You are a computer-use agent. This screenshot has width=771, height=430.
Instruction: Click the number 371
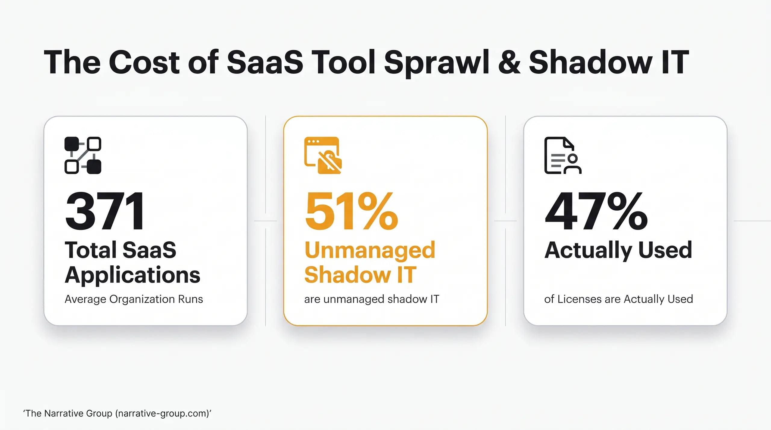(105, 211)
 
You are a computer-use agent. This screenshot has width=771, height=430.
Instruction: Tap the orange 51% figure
(351, 211)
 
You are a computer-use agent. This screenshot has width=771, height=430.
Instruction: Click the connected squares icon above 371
(83, 155)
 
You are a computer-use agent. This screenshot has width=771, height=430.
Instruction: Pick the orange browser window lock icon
(323, 155)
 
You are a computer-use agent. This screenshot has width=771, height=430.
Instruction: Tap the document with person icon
(563, 155)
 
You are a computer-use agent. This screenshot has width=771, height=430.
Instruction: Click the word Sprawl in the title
(436, 63)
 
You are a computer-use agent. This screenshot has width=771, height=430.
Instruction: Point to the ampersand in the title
(509, 63)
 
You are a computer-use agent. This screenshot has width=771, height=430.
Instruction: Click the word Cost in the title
(144, 63)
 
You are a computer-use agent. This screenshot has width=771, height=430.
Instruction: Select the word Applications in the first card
(133, 275)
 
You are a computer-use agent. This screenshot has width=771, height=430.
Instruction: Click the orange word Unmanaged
(370, 250)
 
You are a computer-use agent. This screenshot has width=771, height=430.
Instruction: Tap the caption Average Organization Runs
(134, 299)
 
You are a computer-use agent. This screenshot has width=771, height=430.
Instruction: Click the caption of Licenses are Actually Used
(619, 299)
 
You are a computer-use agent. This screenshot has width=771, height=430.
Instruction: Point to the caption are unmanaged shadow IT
(372, 299)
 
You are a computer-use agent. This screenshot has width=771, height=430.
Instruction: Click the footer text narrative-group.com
(162, 413)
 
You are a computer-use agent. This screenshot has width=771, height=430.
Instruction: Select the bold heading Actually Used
(618, 250)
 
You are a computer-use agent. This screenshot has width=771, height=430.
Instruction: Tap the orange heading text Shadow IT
(360, 275)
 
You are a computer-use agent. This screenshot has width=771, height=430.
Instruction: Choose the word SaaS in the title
(265, 63)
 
